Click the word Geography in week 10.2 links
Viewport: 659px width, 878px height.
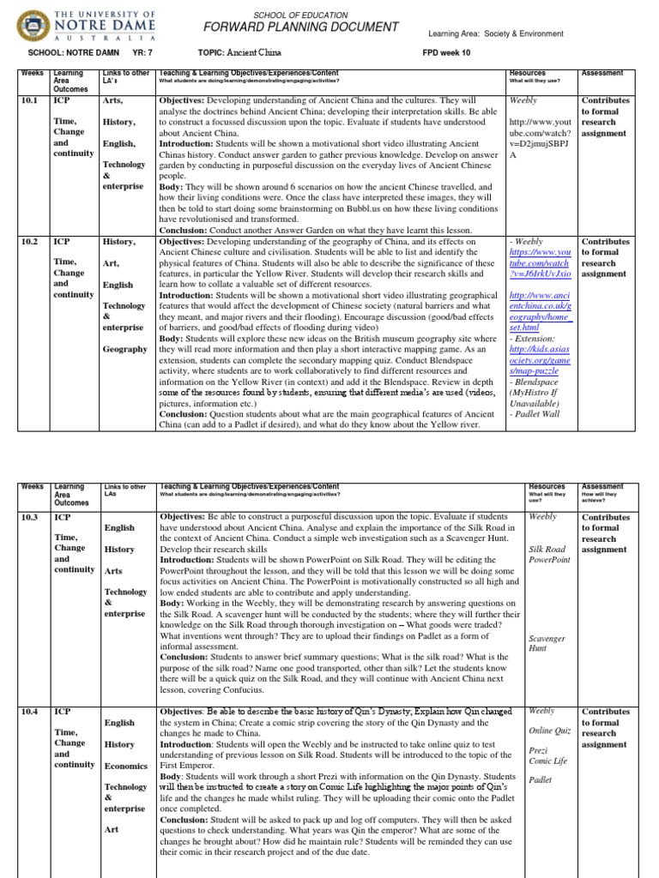tap(124, 349)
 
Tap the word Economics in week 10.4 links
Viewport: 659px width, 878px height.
tap(126, 766)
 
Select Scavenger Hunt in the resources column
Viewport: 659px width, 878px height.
tap(543, 643)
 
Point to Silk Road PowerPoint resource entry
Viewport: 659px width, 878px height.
tap(550, 553)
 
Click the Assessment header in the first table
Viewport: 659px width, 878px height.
tap(602, 74)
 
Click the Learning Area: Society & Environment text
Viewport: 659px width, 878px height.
tap(495, 34)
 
